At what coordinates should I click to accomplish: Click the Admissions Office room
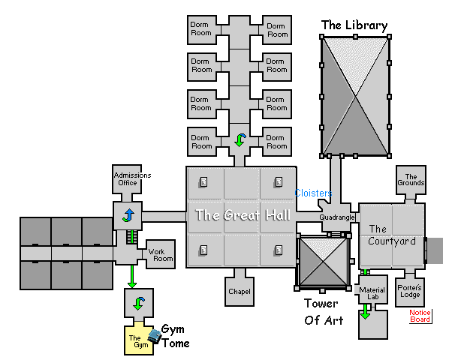coord(132,178)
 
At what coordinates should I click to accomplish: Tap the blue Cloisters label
coord(314,193)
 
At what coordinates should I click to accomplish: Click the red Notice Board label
coord(420,316)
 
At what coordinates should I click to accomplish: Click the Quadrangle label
coord(336,217)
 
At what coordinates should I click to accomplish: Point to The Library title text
coord(354,25)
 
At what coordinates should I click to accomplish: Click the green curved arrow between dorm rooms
coord(240,139)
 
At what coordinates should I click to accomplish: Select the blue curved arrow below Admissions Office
coord(128,216)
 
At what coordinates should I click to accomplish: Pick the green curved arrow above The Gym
coord(138,304)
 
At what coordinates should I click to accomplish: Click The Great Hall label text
coord(241,215)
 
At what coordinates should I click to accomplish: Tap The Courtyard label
coord(391,235)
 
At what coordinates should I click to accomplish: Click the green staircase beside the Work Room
coord(133,238)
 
